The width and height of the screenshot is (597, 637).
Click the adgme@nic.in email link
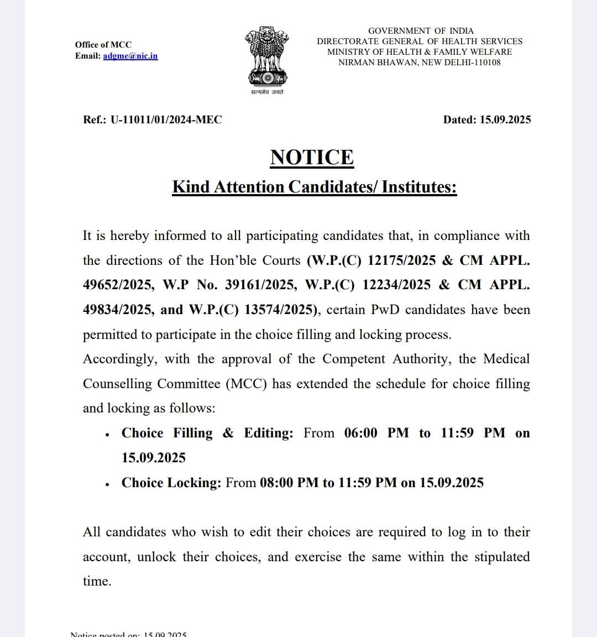pos(130,56)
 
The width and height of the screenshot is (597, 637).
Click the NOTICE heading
pos(312,158)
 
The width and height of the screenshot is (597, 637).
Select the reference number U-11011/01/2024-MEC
pos(166,119)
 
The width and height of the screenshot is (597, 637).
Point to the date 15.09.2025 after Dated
pos(505,119)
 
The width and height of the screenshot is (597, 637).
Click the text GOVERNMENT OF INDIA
pos(421,31)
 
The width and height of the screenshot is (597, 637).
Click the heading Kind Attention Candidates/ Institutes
pos(314,187)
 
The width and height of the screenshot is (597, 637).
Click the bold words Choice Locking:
pos(171,483)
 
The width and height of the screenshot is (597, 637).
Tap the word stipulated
pos(502,557)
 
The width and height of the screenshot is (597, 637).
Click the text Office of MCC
pos(103,45)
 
